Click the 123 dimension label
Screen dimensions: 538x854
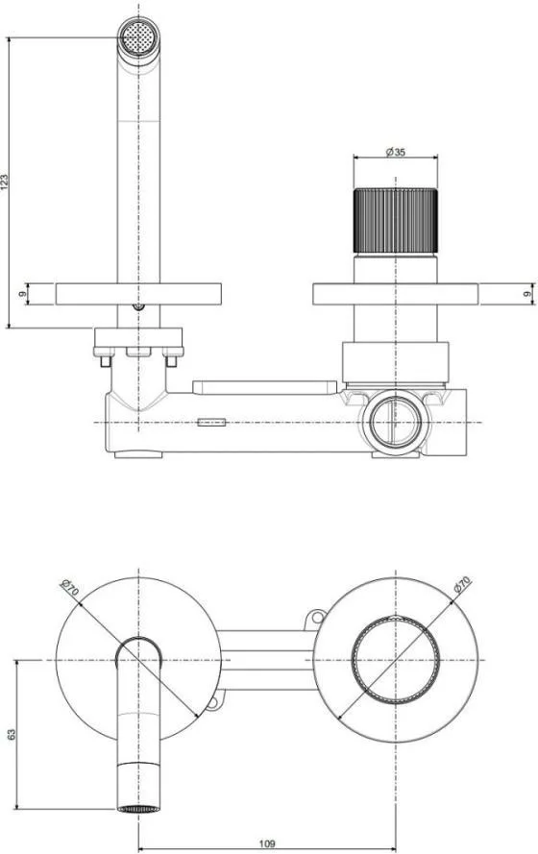[5, 182]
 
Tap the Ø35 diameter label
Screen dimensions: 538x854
[396, 152]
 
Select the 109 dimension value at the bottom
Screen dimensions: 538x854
[267, 844]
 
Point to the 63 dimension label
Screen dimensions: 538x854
[12, 734]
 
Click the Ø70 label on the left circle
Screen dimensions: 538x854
[71, 588]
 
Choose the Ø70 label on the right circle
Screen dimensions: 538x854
[462, 584]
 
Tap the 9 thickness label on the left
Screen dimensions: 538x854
[22, 294]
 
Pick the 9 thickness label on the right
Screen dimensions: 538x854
[526, 294]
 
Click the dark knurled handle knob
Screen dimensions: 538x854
[396, 221]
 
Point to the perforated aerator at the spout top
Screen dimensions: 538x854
[138, 37]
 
